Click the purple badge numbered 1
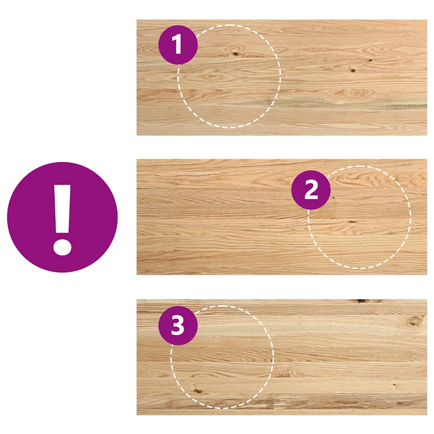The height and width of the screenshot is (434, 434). click(178, 45)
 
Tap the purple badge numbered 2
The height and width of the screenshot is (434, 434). click(311, 190)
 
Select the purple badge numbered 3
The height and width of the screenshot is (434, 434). click(178, 325)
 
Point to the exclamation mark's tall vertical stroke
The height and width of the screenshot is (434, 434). click(62, 209)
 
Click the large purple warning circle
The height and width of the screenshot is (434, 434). click(62, 217)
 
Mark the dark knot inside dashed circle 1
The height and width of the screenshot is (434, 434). click(236, 54)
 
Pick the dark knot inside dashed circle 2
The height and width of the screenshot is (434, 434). click(352, 222)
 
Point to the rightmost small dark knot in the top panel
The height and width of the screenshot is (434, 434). click(370, 60)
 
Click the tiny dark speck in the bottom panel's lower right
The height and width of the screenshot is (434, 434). click(394, 385)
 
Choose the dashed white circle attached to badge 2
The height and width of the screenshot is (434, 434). click(411, 217)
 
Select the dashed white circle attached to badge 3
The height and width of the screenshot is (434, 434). click(273, 357)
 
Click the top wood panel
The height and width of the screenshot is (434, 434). click(282, 78)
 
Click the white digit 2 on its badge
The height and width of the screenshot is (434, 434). click(311, 190)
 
